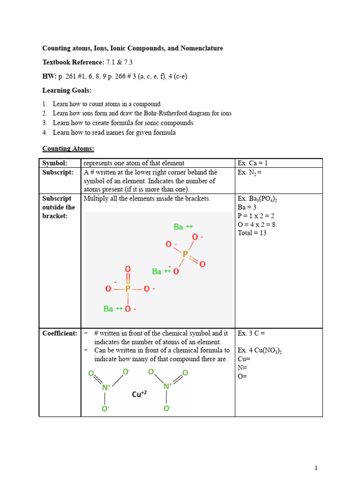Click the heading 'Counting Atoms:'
pyautogui.click(x=68, y=149)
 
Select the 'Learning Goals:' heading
pyautogui.click(x=67, y=90)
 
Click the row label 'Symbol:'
pyautogui.click(x=55, y=163)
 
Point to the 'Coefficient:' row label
pyautogui.click(x=60, y=333)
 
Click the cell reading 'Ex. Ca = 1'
pyautogui.click(x=253, y=163)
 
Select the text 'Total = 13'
pyautogui.click(x=252, y=232)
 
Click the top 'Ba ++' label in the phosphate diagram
pyautogui.click(x=183, y=227)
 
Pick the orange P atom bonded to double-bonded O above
pyautogui.click(x=127, y=289)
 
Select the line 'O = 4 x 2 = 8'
pyautogui.click(x=256, y=224)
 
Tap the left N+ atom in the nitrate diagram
pyautogui.click(x=106, y=387)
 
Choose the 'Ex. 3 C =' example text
pyautogui.click(x=252, y=333)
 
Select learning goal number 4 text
pyautogui.click(x=114, y=133)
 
